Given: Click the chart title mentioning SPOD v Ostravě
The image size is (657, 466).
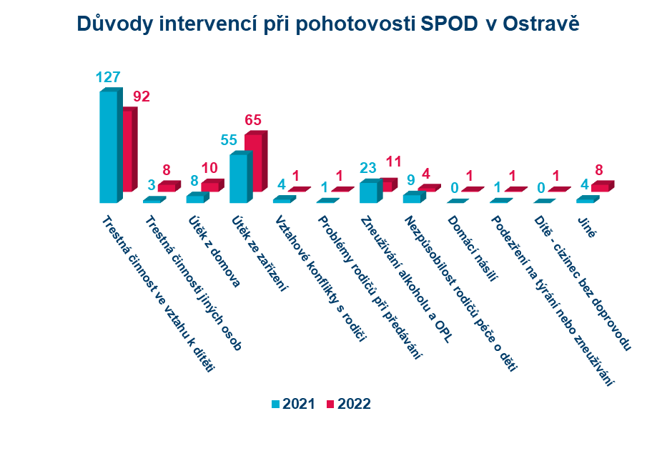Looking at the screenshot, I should (x=328, y=24).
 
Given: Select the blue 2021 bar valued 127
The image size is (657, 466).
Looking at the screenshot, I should (x=108, y=147).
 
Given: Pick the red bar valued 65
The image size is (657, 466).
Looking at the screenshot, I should (x=255, y=162).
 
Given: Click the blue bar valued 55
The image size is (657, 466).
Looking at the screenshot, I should (x=238, y=178).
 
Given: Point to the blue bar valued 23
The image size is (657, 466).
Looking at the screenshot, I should (x=368, y=192).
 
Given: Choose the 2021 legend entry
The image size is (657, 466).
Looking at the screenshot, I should (x=293, y=404).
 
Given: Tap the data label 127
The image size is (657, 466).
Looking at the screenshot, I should (x=108, y=78).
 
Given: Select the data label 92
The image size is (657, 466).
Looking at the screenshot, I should (x=141, y=96).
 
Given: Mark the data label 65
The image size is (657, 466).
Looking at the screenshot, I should (x=254, y=120).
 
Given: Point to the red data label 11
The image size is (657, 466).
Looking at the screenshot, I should (x=395, y=162).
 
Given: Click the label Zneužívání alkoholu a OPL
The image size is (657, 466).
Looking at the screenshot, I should (x=405, y=279).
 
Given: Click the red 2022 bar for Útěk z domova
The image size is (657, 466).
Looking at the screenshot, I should (x=210, y=187).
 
